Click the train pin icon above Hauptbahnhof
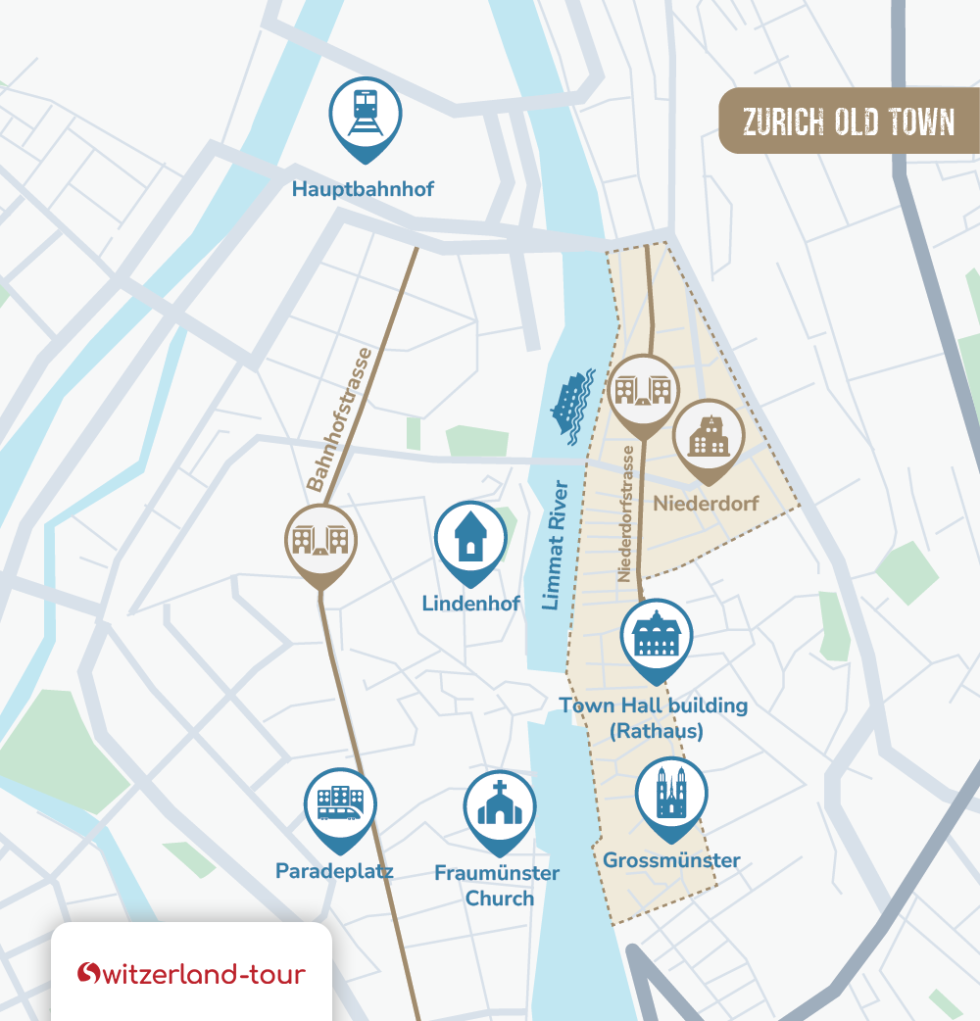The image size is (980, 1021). [x=366, y=116]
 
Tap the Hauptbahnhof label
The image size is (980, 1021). [x=363, y=188]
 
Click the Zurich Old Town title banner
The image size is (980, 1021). [x=849, y=122]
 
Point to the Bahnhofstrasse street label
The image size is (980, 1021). [x=339, y=419]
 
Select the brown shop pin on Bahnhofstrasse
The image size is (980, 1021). [x=320, y=541]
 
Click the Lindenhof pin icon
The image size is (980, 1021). [x=470, y=539]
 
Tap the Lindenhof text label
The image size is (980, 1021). [x=470, y=604]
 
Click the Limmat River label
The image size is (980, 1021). [x=555, y=545]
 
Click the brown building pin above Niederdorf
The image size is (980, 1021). [x=709, y=437]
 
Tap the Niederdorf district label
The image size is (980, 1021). [x=706, y=504]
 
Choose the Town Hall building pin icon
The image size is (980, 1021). [x=657, y=637]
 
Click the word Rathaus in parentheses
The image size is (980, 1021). [x=656, y=731]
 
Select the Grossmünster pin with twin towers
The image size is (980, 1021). [x=671, y=794]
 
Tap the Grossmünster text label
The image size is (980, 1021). [x=671, y=861]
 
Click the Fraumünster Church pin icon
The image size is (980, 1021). [x=499, y=808]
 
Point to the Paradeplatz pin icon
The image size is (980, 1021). [x=339, y=805]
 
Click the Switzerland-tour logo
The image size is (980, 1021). [x=192, y=973]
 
